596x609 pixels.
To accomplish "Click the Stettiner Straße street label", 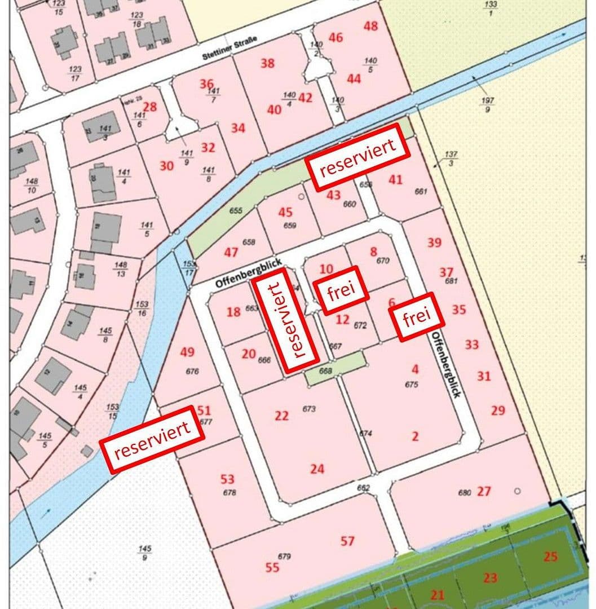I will (229, 48).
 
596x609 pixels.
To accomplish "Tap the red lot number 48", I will (371, 26).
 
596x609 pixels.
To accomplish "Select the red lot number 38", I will (267, 63).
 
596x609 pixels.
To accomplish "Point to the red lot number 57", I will (347, 541).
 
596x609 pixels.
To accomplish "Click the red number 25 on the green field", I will (550, 557).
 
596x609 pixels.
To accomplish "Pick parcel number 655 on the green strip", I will (236, 210).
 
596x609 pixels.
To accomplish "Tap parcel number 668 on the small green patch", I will (325, 371).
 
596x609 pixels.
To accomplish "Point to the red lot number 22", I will (281, 416).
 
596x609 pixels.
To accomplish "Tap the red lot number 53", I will (227, 479).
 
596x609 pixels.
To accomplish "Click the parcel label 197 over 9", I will (488, 104).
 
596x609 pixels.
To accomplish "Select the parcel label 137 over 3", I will (451, 158).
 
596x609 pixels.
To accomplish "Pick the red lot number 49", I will (187, 352).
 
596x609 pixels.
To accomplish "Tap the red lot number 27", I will (484, 491).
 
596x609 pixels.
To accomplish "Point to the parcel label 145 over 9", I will (145, 553).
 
